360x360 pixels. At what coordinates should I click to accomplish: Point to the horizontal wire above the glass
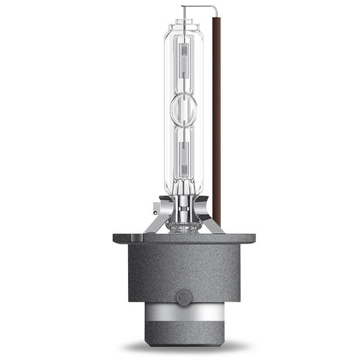[x=198, y=6]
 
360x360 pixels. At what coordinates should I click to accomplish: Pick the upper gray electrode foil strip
[x=183, y=61]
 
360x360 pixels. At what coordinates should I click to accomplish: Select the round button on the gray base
[x=183, y=297]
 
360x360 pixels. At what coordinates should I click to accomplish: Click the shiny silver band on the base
[x=183, y=313]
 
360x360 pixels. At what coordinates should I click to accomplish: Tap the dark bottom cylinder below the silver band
[x=183, y=333]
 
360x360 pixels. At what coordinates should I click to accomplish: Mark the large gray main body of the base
[x=183, y=270]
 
